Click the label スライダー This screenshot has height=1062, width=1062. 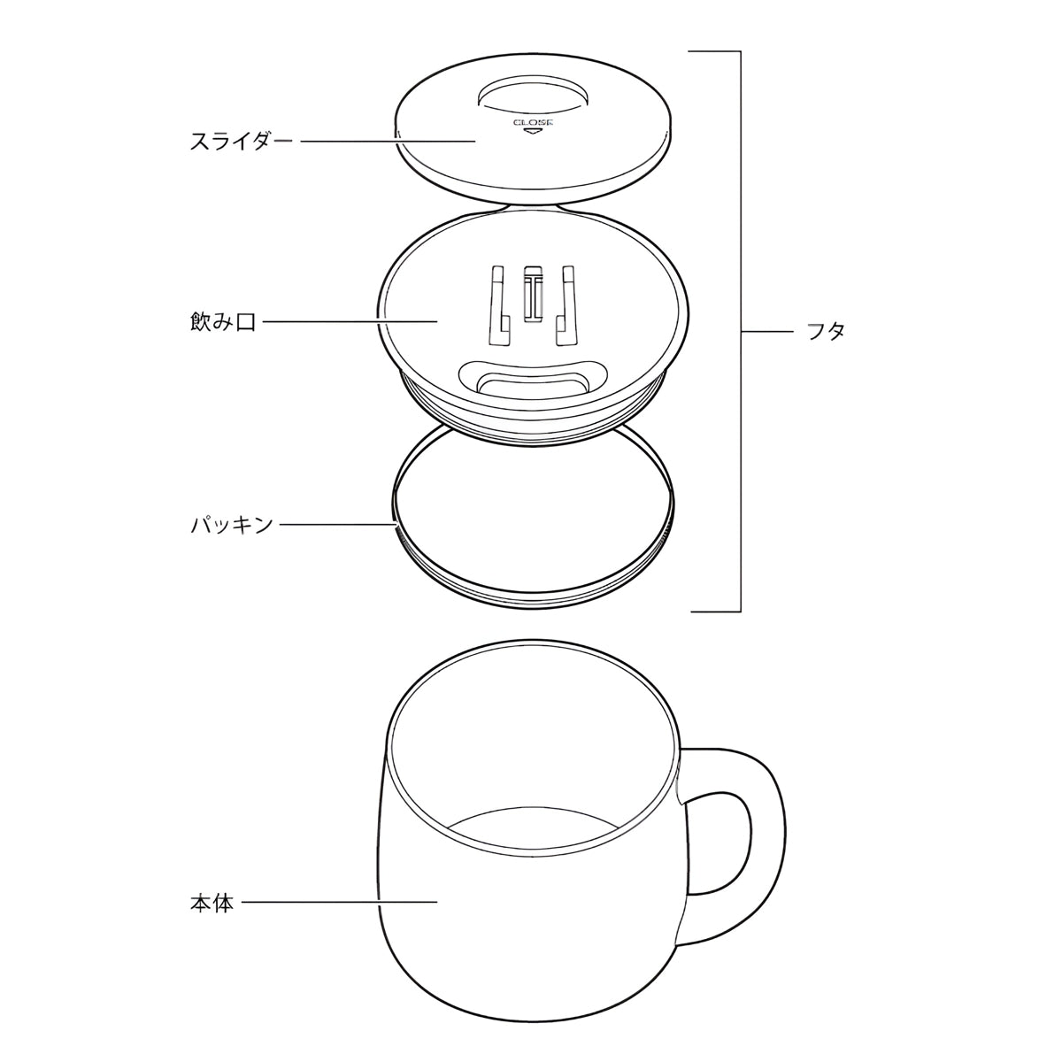[x=240, y=141]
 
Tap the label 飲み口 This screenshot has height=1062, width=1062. [x=223, y=322]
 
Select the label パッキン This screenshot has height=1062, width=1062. [x=232, y=525]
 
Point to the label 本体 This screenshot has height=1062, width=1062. [x=212, y=904]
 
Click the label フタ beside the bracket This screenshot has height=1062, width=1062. [x=826, y=332]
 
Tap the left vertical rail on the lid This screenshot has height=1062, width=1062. [x=499, y=306]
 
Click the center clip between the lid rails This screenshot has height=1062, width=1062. [x=533, y=295]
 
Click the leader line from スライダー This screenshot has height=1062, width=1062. [x=388, y=142]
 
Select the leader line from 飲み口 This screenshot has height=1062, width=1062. [x=350, y=322]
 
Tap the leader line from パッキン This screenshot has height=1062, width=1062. [x=338, y=525]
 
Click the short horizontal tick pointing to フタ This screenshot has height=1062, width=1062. [x=767, y=332]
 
